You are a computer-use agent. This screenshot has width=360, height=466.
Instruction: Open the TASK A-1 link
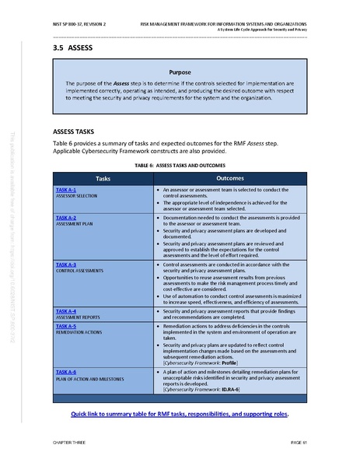pos(66,190)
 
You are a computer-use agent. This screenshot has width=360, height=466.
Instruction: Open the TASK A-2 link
pos(66,218)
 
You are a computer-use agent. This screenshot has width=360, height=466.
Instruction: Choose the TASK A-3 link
pos(66,265)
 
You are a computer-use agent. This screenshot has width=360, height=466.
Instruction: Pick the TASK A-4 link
pos(66,311)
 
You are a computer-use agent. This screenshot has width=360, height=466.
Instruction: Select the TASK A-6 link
pos(66,373)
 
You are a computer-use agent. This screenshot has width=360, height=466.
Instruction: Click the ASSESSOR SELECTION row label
pos(76,196)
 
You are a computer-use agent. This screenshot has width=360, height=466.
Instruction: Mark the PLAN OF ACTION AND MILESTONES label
pos(92,379)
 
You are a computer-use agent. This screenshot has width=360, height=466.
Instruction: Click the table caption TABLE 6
pos(180,166)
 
